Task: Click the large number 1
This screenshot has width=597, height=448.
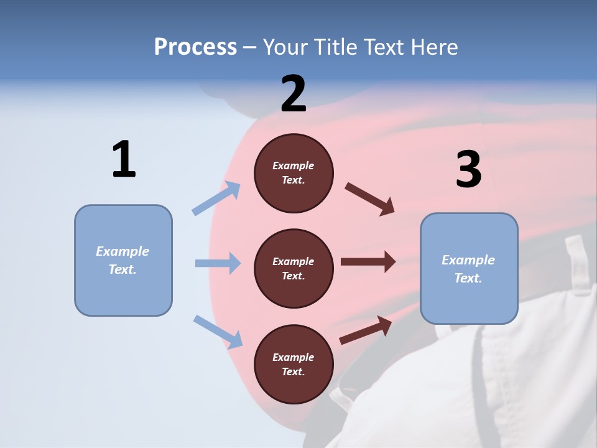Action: (x=124, y=160)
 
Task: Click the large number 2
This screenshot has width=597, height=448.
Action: (x=294, y=94)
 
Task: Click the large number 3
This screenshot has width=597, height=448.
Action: (x=468, y=170)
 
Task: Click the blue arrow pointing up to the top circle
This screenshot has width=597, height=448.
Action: (x=216, y=198)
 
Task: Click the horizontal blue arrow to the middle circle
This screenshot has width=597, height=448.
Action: (x=218, y=263)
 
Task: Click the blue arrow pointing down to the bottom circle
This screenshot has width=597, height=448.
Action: (x=218, y=331)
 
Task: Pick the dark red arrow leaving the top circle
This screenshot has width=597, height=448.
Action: (x=370, y=199)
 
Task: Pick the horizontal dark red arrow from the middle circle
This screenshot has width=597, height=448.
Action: (x=368, y=261)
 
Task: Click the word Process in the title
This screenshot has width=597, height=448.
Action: (x=195, y=47)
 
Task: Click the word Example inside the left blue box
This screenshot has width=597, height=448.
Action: (x=123, y=251)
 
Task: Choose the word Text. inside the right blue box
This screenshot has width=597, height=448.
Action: (x=468, y=278)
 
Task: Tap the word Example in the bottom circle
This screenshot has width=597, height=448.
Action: (x=294, y=357)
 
